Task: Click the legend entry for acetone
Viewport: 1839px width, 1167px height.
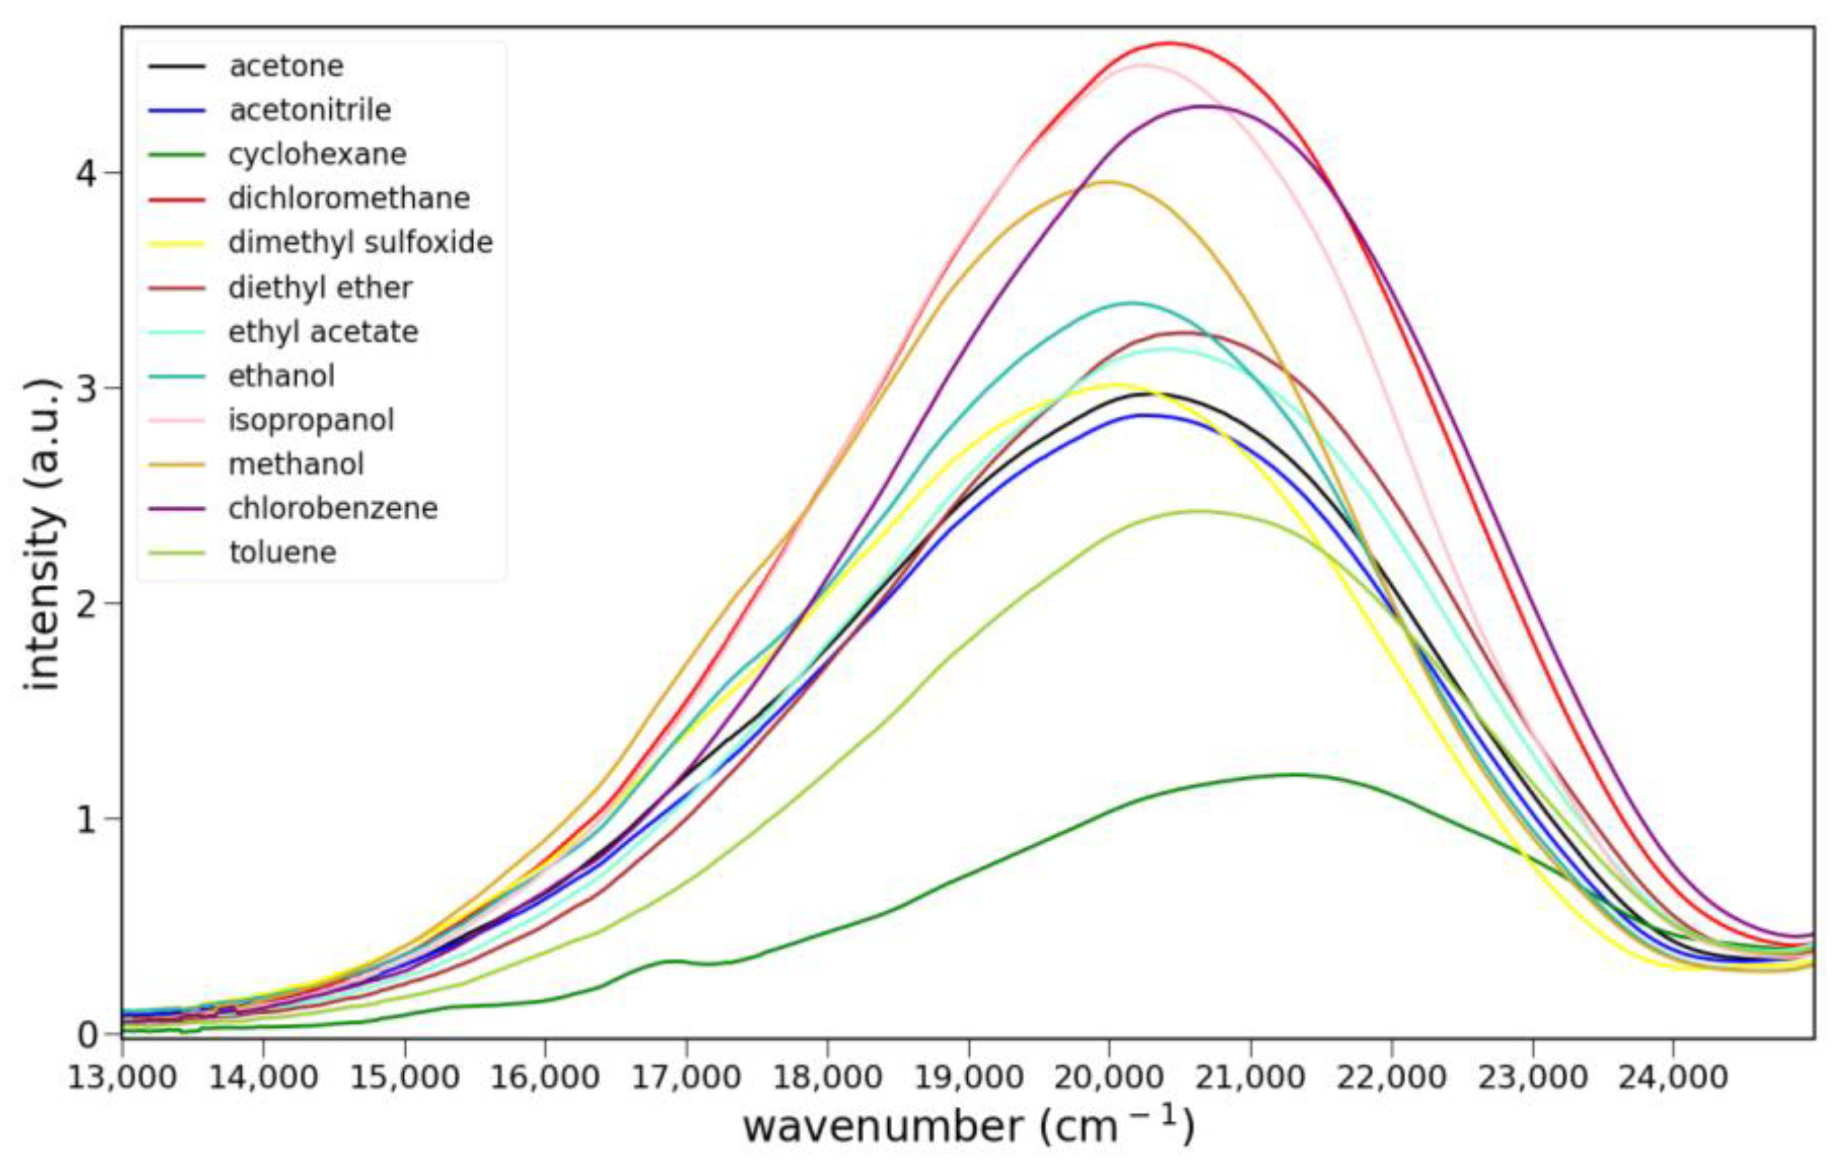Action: (x=286, y=66)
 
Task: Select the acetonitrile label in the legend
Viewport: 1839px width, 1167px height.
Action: (x=309, y=111)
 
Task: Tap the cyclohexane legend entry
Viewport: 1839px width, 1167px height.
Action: (x=317, y=154)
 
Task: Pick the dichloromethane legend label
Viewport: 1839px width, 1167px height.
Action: (x=348, y=199)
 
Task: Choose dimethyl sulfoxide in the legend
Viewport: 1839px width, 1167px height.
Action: (x=360, y=243)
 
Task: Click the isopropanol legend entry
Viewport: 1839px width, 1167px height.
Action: (x=311, y=420)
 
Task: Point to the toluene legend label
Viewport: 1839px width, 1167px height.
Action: (x=282, y=552)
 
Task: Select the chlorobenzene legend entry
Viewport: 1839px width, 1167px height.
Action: (x=332, y=509)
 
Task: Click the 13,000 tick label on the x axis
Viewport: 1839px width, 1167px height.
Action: (x=122, y=1078)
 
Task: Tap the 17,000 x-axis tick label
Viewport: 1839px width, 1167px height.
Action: (x=685, y=1078)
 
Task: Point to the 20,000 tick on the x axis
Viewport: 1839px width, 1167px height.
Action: (x=1109, y=1078)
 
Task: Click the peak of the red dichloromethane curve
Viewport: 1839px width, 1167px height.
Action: (x=1168, y=43)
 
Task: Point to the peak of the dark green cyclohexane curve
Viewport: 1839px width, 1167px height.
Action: (x=1295, y=775)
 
